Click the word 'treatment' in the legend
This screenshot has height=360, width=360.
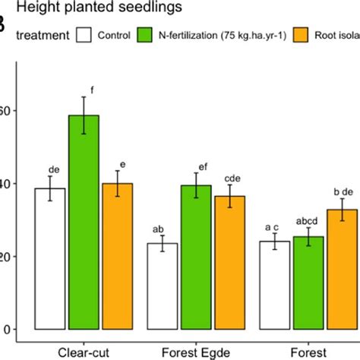[42, 36]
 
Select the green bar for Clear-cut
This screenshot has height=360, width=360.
[84, 222]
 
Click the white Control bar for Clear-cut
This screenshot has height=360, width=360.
[50, 258]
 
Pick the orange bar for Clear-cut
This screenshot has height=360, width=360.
[117, 256]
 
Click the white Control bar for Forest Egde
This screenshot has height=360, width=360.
[162, 286]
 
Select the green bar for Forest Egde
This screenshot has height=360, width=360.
[195, 257]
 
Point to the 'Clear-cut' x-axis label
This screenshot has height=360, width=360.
[84, 351]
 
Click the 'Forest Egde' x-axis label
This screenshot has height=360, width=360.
[195, 351]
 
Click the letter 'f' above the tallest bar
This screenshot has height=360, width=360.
[92, 90]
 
